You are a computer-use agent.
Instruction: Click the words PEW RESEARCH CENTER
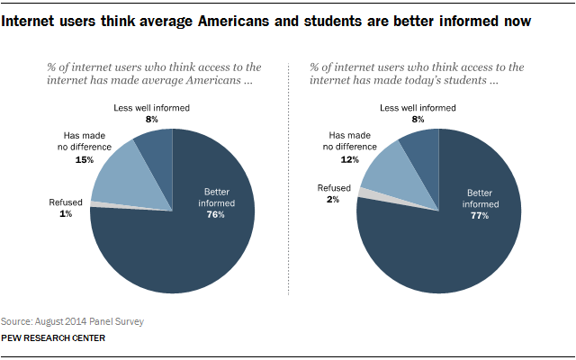[x=53, y=338]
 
